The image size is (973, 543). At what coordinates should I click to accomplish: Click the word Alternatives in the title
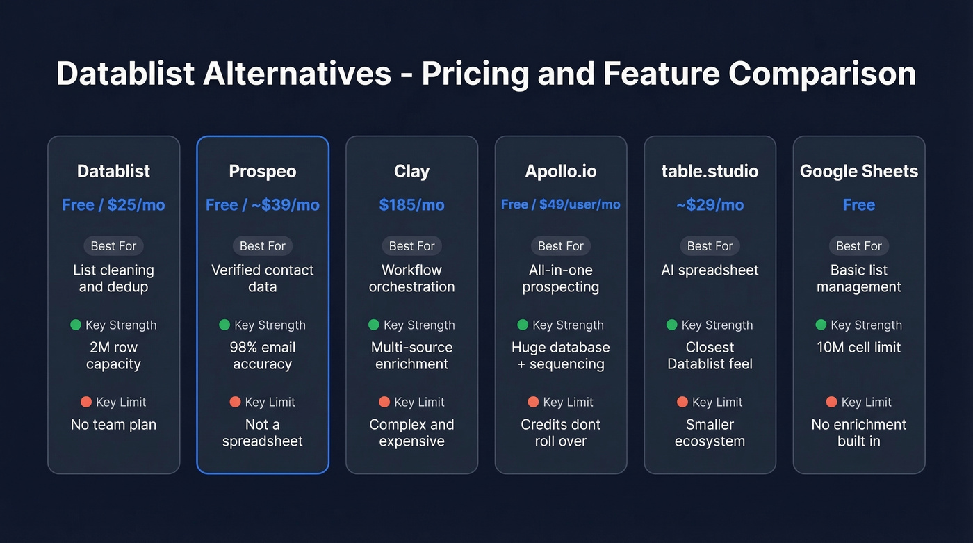coord(297,74)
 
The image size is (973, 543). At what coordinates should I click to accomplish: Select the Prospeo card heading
coord(263,171)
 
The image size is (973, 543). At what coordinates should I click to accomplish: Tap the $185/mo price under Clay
coord(411,205)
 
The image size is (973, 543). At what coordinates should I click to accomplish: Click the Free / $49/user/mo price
coord(560,204)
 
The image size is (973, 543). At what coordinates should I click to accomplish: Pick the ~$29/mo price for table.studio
coord(710,205)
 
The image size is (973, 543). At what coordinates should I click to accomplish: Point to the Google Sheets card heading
coord(858,171)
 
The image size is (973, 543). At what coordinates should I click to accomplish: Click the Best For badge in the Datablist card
coord(113,246)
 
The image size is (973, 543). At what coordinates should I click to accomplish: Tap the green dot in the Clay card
coord(374,325)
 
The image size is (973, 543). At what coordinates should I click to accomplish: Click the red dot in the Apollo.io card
coord(533,402)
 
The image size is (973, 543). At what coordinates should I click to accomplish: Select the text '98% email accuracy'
coord(263,355)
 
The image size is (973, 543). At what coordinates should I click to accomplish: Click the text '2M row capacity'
coord(113,355)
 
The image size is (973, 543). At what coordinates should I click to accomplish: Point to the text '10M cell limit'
coord(858,347)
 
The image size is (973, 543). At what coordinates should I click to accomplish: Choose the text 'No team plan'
coord(113,424)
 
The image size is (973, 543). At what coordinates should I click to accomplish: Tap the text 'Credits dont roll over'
coord(560,432)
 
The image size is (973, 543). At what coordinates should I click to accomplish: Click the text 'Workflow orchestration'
coord(411,278)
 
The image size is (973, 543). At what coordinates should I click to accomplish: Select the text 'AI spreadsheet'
coord(710,270)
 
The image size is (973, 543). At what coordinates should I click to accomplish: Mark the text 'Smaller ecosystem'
coord(710,432)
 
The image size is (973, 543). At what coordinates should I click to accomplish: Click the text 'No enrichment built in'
coord(858,432)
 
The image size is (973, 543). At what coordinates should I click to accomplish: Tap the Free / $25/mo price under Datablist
coord(113,205)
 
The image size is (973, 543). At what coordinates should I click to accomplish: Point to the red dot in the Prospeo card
coord(235,402)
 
